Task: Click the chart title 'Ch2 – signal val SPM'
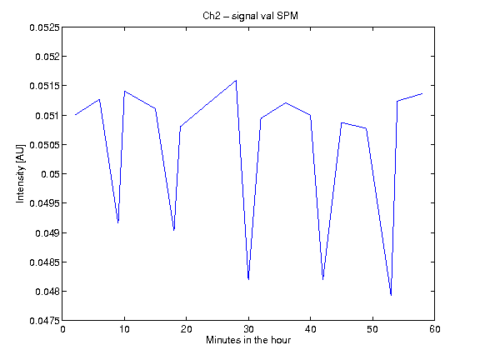[x=250, y=16]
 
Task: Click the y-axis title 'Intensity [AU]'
[x=20, y=174]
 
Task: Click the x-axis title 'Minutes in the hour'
[x=248, y=340]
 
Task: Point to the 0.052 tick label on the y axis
[x=47, y=57]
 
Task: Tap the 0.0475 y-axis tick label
[x=45, y=321]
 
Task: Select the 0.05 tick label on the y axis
[x=50, y=174]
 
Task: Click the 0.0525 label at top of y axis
[x=45, y=27]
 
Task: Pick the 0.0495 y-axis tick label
[x=45, y=203]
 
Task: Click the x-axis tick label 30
[x=248, y=329]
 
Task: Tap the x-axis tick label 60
[x=435, y=329]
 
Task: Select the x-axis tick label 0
[x=62, y=329]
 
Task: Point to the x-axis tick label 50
[x=372, y=329]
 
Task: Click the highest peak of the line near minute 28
[x=236, y=81]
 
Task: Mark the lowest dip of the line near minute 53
[x=391, y=295]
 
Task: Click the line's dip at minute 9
[x=118, y=222]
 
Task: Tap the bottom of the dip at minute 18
[x=174, y=230]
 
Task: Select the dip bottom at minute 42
[x=323, y=279]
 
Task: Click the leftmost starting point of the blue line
[x=75, y=115]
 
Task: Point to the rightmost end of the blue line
[x=422, y=93]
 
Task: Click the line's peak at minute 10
[x=125, y=91]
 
